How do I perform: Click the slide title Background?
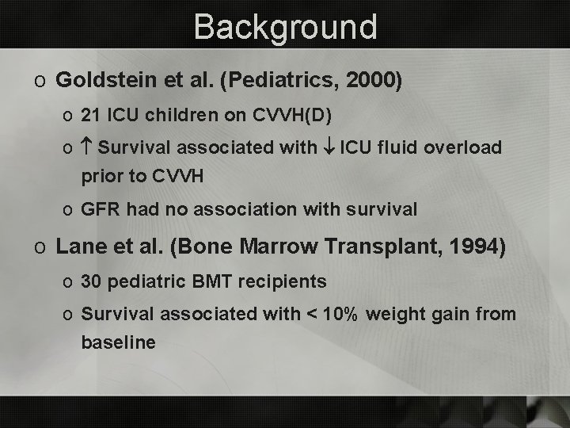click(285, 26)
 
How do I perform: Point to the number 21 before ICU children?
click(91, 116)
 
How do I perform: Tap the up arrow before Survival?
click(87, 148)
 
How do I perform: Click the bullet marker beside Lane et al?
click(40, 247)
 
